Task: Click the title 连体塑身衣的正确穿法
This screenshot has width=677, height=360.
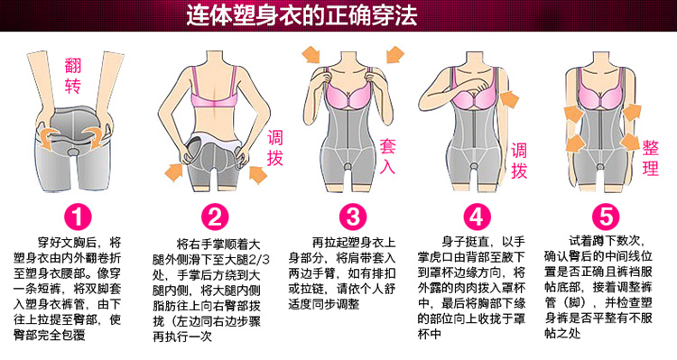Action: pos(301,15)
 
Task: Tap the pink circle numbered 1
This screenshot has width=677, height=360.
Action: pos(79,217)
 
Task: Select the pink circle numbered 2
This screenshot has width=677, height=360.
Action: pos(215,217)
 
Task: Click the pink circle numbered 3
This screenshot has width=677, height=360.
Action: pos(353,217)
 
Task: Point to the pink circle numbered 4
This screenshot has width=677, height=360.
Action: pos(478,217)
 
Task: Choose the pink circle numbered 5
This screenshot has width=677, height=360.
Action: pos(606,217)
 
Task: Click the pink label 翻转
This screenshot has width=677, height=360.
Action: pos(73,76)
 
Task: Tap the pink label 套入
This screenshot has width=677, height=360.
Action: pos(387,156)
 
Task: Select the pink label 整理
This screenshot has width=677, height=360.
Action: pos(650,158)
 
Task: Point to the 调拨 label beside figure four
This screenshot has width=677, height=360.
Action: pos(519,161)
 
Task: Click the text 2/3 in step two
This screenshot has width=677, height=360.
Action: pos(258,260)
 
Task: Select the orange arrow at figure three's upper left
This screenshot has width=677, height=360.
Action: pos(311,54)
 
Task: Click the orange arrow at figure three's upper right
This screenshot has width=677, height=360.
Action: pos(395,54)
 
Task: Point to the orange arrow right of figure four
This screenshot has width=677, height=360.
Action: pos(508,100)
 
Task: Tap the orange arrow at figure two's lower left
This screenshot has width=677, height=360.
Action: pos(174,171)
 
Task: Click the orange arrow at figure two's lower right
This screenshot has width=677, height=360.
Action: pos(258,173)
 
